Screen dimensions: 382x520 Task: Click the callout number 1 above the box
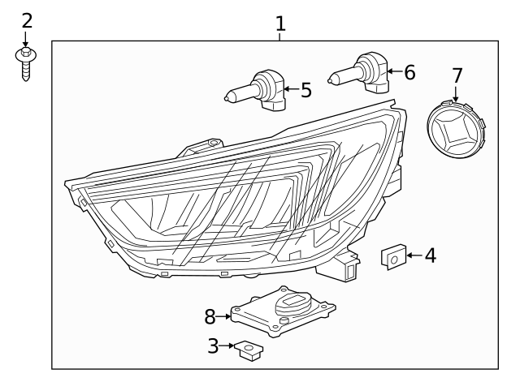pos(280,24)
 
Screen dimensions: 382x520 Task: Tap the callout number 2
pos(27,19)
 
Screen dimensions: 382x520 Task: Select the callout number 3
pos(213,346)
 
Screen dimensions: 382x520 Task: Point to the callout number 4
pos(430,255)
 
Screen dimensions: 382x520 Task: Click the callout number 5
pos(305,90)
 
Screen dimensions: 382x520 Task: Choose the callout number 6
pos(409,73)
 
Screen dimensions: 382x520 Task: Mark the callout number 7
pos(457,75)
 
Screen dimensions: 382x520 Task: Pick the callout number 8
pos(210,315)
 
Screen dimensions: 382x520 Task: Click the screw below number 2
pos(27,63)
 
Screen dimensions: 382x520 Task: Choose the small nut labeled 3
pos(248,350)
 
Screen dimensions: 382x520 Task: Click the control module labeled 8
pos(283,313)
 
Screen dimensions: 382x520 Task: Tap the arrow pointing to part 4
pos(413,256)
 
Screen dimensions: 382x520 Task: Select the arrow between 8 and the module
pos(224,315)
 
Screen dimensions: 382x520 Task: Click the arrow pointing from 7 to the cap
pos(457,93)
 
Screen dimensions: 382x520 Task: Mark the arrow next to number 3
pos(227,346)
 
